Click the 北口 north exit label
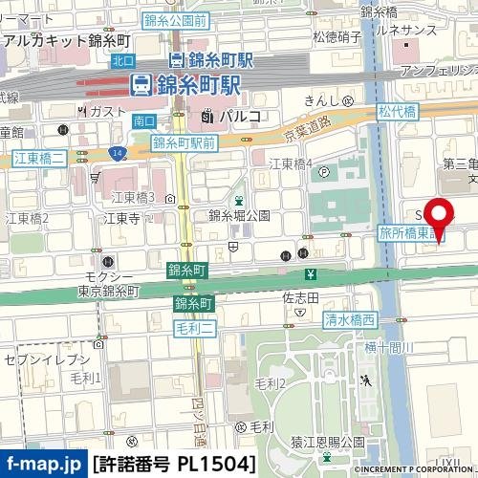click(122, 60)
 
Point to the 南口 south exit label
click(144, 120)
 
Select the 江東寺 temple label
click(121, 218)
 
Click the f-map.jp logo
click(42, 465)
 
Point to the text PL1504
click(216, 465)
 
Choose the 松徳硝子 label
click(337, 36)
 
